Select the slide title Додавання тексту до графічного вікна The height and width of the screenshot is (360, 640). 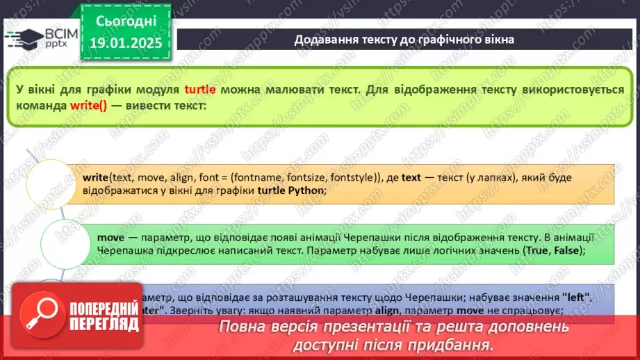tap(404, 39)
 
